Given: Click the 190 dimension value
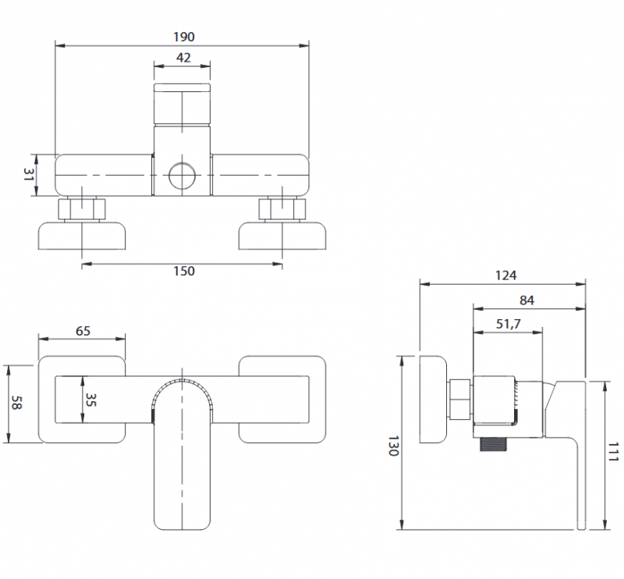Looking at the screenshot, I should tap(184, 37).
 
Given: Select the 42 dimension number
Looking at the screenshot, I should tap(183, 58).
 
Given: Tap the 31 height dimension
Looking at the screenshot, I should tap(29, 175).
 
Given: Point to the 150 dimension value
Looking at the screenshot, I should tap(183, 272).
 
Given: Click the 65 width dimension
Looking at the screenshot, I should tap(83, 330).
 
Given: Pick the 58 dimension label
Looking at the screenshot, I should tap(15, 403).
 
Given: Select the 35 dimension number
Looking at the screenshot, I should tap(90, 400).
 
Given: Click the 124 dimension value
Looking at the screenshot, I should tap(505, 275).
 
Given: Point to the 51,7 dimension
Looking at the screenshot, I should tap(508, 324).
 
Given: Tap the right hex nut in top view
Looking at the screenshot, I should tap(282, 209).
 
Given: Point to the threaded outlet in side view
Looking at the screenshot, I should tap(495, 443).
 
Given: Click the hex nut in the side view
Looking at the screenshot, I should tap(460, 399).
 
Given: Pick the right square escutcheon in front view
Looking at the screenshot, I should tap(282, 400).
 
